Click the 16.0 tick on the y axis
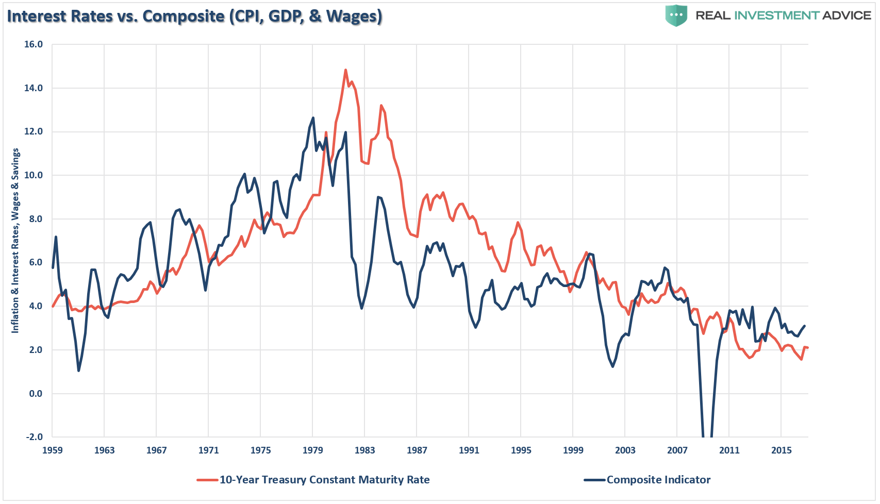point(34,44)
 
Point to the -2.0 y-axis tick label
point(34,437)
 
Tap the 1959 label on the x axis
point(52,450)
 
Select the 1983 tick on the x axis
point(364,450)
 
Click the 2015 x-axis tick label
point(781,450)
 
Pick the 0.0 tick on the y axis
point(36,394)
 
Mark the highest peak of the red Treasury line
point(345,70)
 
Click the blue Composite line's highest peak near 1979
point(313,118)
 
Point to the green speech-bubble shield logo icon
point(676,15)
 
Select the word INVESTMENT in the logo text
point(776,15)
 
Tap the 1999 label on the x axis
point(573,450)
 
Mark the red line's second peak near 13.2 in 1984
point(381,106)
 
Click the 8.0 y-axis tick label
point(34,219)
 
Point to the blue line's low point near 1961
point(78,371)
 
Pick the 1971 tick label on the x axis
point(208,450)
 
